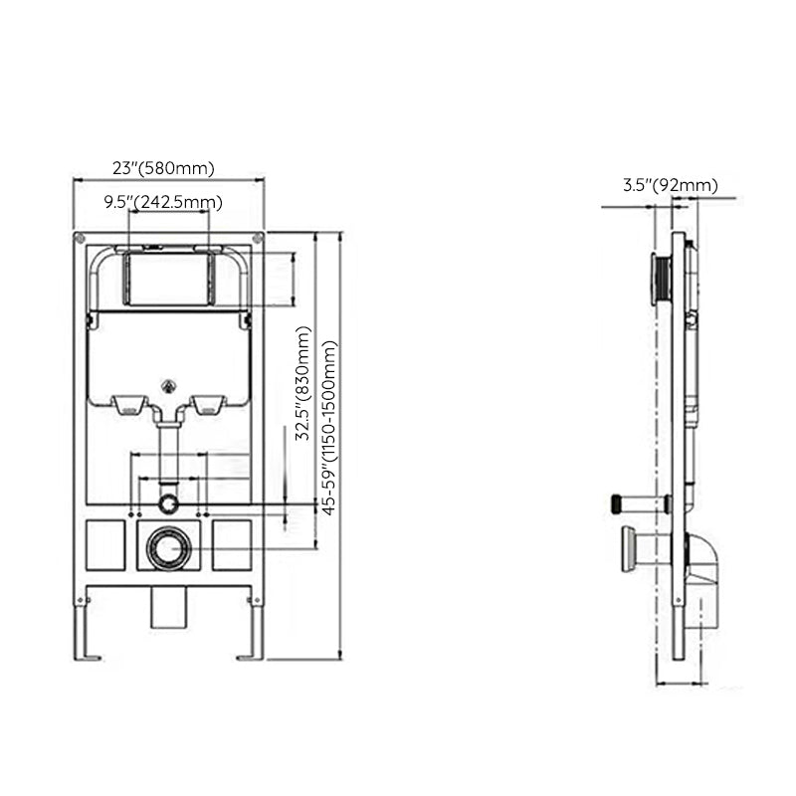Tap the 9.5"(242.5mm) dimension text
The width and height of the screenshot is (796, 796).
click(164, 202)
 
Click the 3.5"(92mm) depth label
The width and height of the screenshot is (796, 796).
click(670, 184)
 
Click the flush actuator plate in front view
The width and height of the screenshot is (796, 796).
click(168, 280)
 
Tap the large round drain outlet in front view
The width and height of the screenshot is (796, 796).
click(169, 546)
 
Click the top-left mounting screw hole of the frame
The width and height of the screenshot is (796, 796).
click(79, 239)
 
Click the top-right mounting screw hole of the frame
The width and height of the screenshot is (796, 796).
click(259, 239)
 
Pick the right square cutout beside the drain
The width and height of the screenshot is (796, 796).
click(232, 545)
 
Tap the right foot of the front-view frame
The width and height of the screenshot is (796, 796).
click(248, 656)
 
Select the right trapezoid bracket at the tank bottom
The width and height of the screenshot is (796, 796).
click(208, 404)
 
